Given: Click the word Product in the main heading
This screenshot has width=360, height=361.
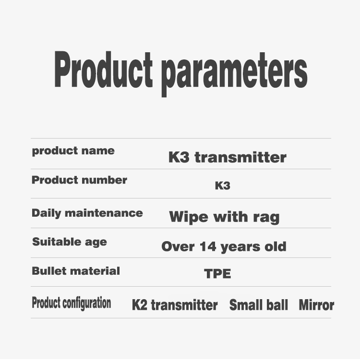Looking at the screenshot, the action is [x=103, y=69].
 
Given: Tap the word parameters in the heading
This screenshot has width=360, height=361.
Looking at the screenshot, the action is [x=234, y=74].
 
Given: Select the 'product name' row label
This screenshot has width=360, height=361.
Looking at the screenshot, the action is [x=73, y=151].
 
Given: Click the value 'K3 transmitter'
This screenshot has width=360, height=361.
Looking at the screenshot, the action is [x=227, y=157].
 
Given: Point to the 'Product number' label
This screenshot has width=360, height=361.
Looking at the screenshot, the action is [x=79, y=180].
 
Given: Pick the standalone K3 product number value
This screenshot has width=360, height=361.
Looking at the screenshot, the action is [x=222, y=186].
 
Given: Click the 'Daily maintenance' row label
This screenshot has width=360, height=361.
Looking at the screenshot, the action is [x=87, y=213].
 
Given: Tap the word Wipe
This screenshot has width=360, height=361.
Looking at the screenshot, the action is [x=189, y=217].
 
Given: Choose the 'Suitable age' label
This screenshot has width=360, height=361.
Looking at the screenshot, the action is [x=70, y=242].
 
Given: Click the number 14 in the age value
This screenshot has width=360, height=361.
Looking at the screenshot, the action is [x=208, y=246].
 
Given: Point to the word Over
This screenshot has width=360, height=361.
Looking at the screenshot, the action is [x=178, y=246].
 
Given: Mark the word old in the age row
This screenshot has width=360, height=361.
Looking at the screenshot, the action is [x=276, y=246].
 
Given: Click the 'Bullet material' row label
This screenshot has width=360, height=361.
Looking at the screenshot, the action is [x=76, y=271].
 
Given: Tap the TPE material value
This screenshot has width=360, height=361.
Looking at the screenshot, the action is [x=217, y=274].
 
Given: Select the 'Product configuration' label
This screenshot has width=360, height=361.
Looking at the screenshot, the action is [x=72, y=303].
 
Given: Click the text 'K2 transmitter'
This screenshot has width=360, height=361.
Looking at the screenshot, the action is [x=175, y=305].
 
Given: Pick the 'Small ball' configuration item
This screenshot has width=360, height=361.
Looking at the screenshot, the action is [x=259, y=305].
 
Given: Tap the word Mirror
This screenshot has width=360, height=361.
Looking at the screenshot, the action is [x=316, y=305].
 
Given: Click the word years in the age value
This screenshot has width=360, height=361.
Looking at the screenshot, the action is [x=240, y=247].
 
